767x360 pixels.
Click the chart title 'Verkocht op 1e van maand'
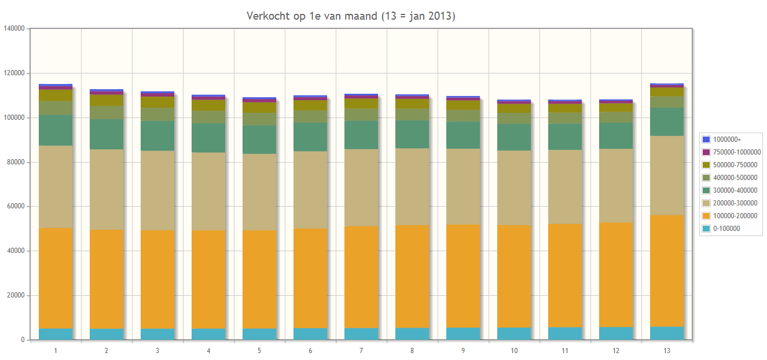[x=311, y=16]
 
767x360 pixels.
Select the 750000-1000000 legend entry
[x=731, y=152]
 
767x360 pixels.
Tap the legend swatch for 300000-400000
[x=706, y=190]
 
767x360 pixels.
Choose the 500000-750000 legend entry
[x=730, y=164]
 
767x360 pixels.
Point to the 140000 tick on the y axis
[x=14, y=28]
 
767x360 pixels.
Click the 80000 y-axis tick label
[x=16, y=162]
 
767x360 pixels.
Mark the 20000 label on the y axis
[x=16, y=295]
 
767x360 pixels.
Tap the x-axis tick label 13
[x=667, y=350]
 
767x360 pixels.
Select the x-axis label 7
[x=361, y=350]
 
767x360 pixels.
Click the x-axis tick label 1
[x=56, y=350]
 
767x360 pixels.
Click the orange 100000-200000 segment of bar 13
[x=667, y=271]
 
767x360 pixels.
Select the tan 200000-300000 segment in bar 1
[x=56, y=187]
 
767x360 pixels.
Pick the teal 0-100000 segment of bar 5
[x=259, y=335]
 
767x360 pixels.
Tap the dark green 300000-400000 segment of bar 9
[x=463, y=135]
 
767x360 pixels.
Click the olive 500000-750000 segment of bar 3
[x=157, y=102]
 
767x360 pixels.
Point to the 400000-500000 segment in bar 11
[x=565, y=118]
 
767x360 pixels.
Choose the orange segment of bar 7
[x=361, y=277]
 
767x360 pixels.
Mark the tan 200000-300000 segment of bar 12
[x=616, y=185]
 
